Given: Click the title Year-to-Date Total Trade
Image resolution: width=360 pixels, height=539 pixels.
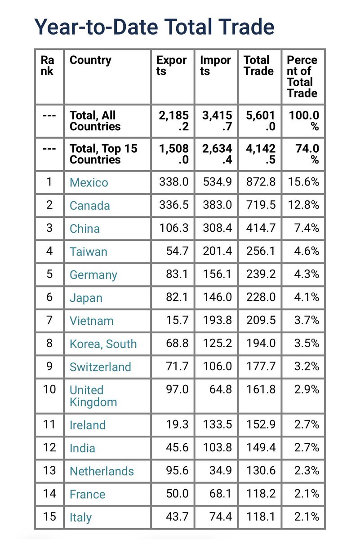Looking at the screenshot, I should [x=154, y=27].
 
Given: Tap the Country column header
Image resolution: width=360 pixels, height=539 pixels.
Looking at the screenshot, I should [x=90, y=61].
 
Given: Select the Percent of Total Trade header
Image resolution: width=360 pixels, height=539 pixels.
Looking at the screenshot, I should [x=302, y=76].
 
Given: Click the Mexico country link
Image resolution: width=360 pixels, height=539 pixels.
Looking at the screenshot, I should [x=89, y=183].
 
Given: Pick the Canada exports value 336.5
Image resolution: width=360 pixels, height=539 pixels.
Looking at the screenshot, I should [x=173, y=205].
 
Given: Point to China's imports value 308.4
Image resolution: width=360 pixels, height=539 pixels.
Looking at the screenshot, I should [x=217, y=228].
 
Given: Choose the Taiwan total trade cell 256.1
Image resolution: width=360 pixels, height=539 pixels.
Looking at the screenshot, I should [x=260, y=252].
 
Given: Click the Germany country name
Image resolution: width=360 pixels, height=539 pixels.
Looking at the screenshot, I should [x=93, y=275].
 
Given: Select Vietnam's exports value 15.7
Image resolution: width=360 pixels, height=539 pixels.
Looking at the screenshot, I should [x=178, y=321].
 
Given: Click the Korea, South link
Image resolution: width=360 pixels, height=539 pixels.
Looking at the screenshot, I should [x=103, y=344].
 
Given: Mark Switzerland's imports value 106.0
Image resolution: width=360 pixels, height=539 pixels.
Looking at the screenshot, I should [x=217, y=367].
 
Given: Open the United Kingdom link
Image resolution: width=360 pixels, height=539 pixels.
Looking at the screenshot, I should [x=93, y=396].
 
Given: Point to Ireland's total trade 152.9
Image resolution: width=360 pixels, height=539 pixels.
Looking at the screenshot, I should [x=260, y=425].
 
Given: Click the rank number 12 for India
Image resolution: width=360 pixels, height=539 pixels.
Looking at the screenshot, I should [x=49, y=448].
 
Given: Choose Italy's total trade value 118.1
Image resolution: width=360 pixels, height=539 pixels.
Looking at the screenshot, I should [x=260, y=517].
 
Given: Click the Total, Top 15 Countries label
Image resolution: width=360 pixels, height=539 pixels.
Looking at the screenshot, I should [x=103, y=154].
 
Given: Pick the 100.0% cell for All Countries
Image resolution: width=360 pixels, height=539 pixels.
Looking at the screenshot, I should [x=303, y=121].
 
